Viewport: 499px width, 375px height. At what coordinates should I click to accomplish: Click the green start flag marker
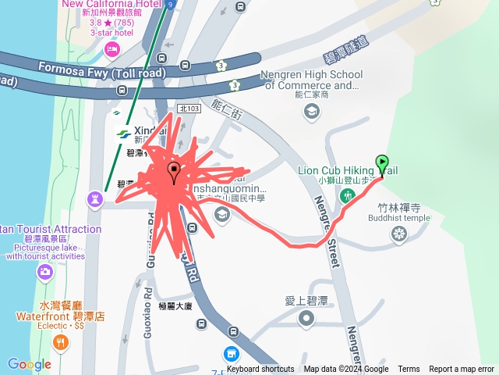(x=382, y=163)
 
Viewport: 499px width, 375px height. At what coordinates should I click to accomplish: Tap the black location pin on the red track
(x=174, y=170)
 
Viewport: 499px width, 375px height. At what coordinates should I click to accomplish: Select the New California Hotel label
(x=122, y=4)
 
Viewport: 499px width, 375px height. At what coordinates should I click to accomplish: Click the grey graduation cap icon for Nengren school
(x=312, y=112)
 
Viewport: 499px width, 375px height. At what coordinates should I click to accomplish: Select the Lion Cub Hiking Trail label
(x=348, y=170)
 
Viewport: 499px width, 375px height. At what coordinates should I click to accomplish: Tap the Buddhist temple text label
(x=399, y=219)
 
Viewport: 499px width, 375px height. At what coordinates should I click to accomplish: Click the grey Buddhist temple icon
(x=399, y=234)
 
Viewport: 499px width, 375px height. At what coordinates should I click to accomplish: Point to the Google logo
(x=29, y=364)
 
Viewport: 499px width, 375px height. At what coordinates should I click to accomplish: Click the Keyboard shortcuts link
(x=260, y=370)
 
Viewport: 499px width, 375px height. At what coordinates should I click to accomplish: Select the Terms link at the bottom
(x=409, y=370)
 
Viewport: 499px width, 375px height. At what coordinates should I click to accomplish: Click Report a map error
(x=462, y=370)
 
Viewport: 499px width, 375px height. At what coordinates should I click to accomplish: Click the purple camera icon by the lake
(x=45, y=272)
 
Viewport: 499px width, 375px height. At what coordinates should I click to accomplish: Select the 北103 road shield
(x=189, y=109)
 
